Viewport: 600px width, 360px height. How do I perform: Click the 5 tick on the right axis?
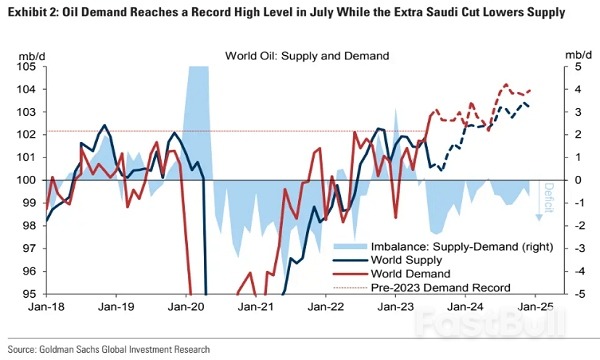coord(566,66)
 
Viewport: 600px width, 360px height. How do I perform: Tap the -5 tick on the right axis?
coord(568,294)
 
